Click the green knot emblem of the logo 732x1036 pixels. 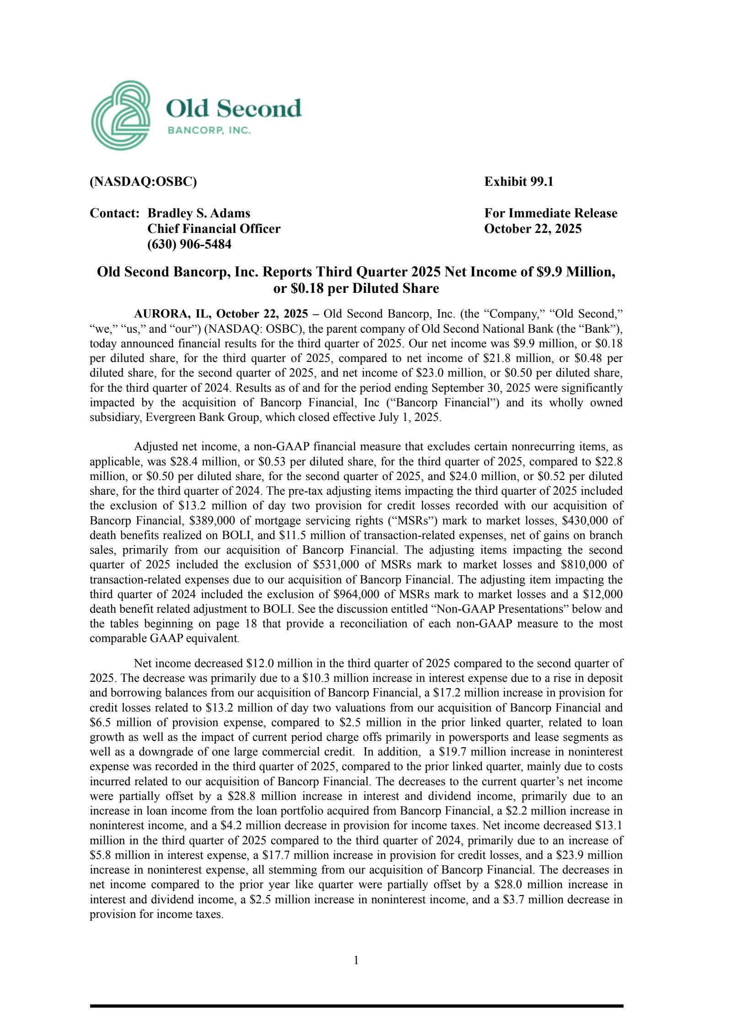(x=121, y=115)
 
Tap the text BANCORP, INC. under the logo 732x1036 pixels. (x=209, y=131)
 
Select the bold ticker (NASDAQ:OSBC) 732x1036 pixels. (x=143, y=182)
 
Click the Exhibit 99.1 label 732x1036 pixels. (x=519, y=182)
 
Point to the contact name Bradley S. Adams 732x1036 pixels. (x=199, y=213)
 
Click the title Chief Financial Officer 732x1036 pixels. (x=214, y=229)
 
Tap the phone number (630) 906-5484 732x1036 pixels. (x=189, y=244)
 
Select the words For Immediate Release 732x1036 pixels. (x=551, y=213)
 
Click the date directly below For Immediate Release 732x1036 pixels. (x=533, y=229)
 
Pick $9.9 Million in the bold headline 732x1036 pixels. (x=581, y=272)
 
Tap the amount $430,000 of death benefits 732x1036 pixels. (x=585, y=521)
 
